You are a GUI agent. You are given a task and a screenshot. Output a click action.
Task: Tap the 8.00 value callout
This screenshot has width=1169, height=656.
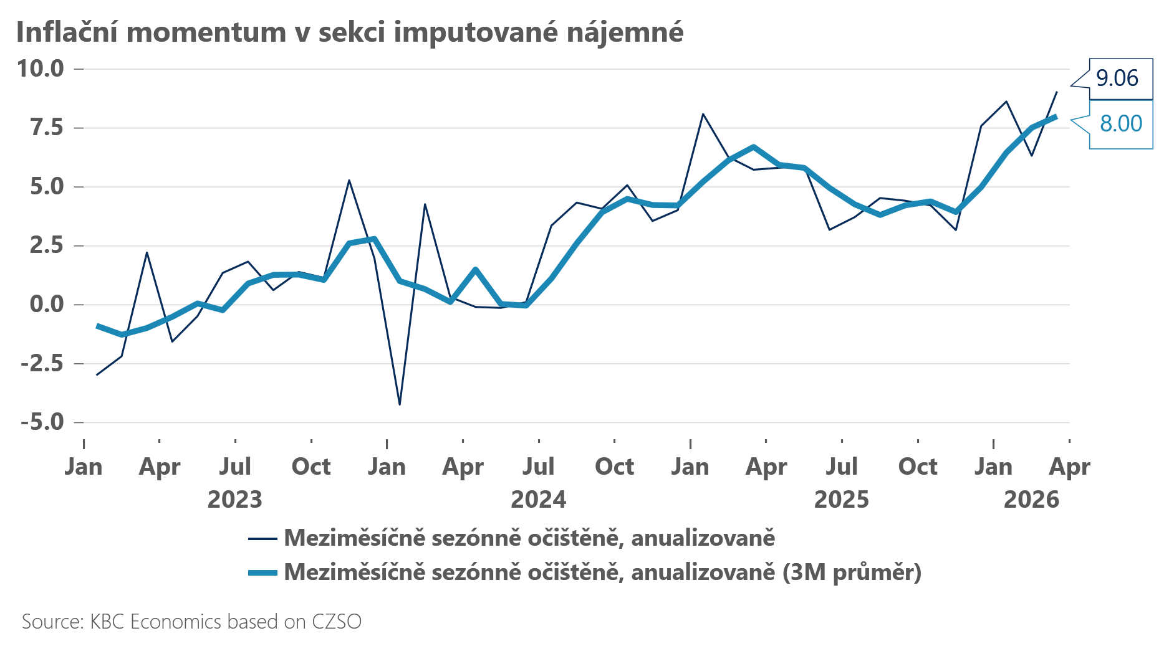point(1120,123)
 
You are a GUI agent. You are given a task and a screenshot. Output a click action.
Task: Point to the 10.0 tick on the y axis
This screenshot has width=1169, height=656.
point(41,69)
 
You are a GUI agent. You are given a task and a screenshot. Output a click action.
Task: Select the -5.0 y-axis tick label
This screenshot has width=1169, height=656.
point(42,422)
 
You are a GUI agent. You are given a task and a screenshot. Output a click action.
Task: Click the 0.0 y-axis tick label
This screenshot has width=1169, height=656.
point(47,304)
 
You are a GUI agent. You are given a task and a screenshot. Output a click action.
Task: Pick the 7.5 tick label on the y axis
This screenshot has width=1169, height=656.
point(47,128)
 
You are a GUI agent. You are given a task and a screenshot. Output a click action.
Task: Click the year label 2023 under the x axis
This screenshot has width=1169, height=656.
point(235,500)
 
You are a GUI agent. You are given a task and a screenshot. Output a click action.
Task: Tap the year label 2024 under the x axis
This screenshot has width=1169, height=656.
point(539,500)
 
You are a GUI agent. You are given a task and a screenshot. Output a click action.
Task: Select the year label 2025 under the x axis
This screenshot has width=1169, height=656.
point(842,500)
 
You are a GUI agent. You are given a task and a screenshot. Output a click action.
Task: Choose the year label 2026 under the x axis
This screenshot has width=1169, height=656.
point(1031,500)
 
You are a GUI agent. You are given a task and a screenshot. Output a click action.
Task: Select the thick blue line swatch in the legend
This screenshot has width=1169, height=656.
point(262,573)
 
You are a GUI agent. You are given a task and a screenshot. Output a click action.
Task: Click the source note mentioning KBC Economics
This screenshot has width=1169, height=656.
point(191,622)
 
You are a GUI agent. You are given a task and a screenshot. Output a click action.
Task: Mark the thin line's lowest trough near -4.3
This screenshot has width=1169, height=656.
point(400,405)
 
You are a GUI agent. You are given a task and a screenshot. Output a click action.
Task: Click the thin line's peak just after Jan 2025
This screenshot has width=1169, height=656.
point(703,114)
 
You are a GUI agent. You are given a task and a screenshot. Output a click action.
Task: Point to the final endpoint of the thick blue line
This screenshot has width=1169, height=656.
point(1056,116)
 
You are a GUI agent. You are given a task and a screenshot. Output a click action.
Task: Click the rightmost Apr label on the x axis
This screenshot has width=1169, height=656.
point(1069,467)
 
